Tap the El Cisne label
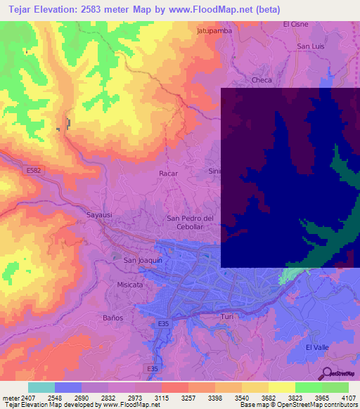click(x=295, y=24)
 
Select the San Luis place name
click(x=309, y=46)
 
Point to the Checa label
click(x=262, y=80)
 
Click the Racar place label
click(x=169, y=173)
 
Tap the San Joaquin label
click(x=143, y=260)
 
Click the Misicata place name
click(x=130, y=285)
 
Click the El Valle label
click(x=318, y=348)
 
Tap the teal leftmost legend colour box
click(x=41, y=387)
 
